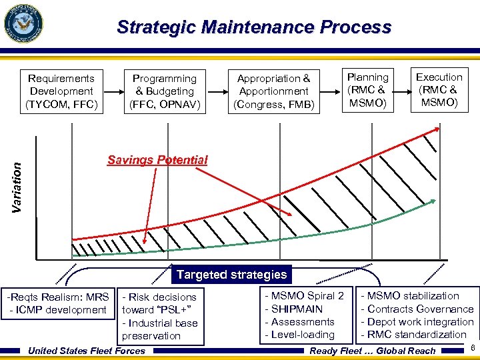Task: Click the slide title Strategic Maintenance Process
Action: coord(254,27)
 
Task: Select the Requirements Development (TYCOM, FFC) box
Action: coord(61,91)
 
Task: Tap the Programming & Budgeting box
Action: coord(164,91)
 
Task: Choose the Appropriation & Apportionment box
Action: coord(273,91)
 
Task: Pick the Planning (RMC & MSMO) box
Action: coord(367,90)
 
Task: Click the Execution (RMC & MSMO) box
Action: coord(439,90)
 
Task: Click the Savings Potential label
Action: coord(157,160)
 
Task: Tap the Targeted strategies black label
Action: coord(231,275)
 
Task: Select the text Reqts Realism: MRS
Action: coord(59,297)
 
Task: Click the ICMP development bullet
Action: coord(58,310)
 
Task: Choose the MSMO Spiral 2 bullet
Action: coord(304,296)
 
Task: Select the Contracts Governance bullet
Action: coord(417,309)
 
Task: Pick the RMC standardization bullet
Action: coord(413,335)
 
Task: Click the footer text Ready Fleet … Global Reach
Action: coord(373,351)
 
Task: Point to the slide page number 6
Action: coord(471,349)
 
